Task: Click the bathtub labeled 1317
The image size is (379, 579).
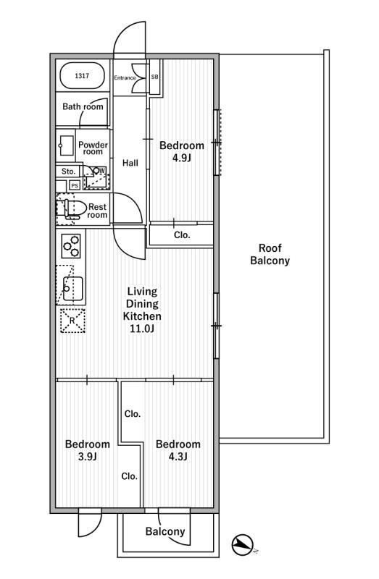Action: [82, 76]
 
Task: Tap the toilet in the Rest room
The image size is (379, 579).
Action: [70, 208]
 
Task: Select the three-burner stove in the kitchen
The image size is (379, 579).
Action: [70, 246]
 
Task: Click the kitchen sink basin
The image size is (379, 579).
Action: [73, 288]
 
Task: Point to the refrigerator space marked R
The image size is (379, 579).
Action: [73, 321]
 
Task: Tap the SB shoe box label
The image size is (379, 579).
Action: [154, 77]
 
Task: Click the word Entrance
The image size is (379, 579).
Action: [125, 77]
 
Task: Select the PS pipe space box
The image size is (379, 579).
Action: [75, 186]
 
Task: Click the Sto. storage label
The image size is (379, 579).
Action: [68, 172]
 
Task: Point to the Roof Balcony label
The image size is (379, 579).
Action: [270, 254]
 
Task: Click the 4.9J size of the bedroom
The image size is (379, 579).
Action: [182, 158]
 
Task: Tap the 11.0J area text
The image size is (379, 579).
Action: [142, 329]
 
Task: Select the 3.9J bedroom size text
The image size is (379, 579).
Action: [87, 457]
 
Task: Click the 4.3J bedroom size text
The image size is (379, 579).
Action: [178, 457]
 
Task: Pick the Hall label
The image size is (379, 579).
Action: [130, 163]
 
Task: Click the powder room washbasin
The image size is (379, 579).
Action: [67, 145]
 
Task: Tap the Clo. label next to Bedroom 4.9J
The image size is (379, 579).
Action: [182, 234]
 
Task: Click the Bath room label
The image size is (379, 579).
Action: [83, 106]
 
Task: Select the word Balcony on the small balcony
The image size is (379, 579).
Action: [165, 531]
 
